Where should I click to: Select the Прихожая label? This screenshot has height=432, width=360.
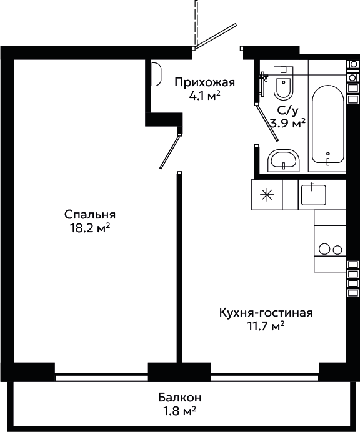(205, 82)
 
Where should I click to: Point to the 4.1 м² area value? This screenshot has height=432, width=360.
(204, 96)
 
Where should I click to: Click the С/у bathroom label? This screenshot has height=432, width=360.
(288, 110)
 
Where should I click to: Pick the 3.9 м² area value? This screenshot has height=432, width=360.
(288, 124)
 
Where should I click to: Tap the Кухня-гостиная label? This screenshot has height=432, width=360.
(266, 313)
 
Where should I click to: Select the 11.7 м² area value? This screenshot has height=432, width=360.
(266, 326)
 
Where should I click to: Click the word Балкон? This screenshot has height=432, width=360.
(180, 398)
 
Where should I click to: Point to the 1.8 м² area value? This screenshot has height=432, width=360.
(180, 411)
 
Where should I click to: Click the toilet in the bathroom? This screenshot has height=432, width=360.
(283, 82)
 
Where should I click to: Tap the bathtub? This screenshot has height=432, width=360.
(328, 125)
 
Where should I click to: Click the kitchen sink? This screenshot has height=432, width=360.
(313, 195)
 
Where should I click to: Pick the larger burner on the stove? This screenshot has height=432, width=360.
(324, 249)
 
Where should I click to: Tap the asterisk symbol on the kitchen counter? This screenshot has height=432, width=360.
(267, 195)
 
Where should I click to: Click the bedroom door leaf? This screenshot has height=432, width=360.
(170, 152)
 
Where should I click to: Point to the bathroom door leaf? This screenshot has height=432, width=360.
(267, 122)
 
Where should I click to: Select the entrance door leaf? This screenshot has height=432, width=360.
(215, 36)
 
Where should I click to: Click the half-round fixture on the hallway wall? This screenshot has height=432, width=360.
(157, 74)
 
